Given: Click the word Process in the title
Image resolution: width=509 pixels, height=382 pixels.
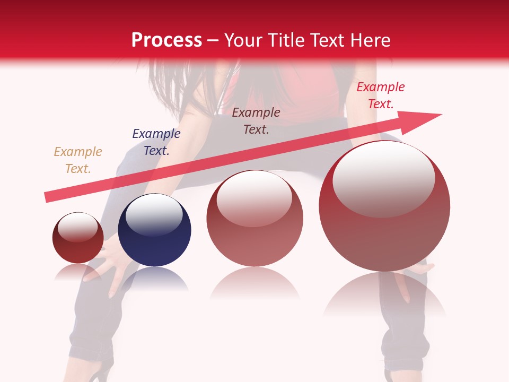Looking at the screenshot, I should (x=166, y=40).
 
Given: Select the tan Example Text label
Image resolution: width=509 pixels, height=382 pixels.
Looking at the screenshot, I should (x=78, y=160).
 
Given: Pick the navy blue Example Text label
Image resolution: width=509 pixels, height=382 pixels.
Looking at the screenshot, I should (x=156, y=142).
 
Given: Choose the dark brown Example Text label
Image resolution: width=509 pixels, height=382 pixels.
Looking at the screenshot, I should (x=256, y=120).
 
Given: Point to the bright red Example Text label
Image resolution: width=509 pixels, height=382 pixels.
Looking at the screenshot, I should (x=380, y=95).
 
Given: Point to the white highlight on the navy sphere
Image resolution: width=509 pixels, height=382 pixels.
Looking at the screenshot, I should (x=154, y=214).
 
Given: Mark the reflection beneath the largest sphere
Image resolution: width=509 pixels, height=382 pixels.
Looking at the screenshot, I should (x=384, y=294).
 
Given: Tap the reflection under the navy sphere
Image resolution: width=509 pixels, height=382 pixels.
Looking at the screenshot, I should (x=154, y=280).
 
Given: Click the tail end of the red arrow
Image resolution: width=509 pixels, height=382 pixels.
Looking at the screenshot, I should (x=49, y=197).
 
